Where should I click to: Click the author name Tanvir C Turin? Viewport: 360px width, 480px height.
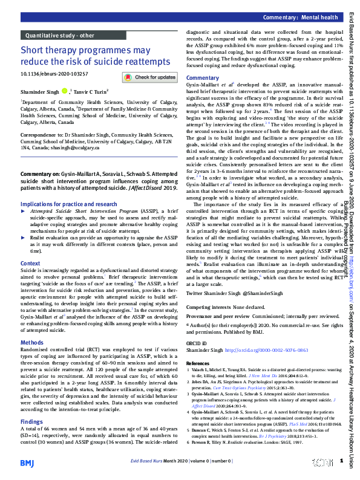click(x=90, y=91)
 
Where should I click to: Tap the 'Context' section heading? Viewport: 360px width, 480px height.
click(x=30, y=264)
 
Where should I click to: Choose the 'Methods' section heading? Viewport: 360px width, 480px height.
click(x=32, y=342)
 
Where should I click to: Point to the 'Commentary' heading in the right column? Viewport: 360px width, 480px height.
click(x=203, y=79)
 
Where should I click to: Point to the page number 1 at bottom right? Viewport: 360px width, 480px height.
click(x=341, y=461)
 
